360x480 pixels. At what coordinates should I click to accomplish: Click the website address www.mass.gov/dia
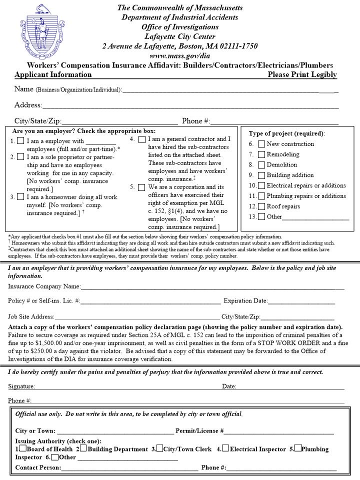(x=179, y=55)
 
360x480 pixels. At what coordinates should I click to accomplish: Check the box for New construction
(x=261, y=144)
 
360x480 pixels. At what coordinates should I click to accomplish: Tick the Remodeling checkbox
(x=261, y=154)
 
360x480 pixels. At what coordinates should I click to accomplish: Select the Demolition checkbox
(x=261, y=164)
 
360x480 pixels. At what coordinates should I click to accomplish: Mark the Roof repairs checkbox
(x=261, y=206)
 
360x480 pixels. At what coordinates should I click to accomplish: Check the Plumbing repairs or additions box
(x=261, y=196)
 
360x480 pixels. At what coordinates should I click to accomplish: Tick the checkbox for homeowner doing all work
(x=20, y=196)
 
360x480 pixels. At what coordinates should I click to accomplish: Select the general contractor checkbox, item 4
(x=142, y=139)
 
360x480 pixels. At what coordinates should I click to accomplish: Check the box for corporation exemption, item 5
(x=142, y=187)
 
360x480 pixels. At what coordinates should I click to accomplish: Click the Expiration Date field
(x=301, y=302)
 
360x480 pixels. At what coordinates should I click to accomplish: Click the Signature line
(x=127, y=387)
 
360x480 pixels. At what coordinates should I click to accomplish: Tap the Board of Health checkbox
(x=23, y=448)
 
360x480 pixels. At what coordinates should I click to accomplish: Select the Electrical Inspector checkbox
(x=225, y=448)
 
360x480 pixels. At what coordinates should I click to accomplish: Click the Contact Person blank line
(x=129, y=469)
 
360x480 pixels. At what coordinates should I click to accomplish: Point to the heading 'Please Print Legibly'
(x=302, y=74)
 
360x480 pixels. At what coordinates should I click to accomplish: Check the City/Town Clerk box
(x=160, y=448)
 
